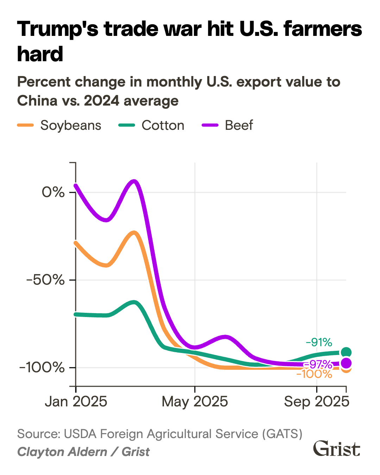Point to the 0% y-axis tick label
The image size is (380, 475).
[x=53, y=192]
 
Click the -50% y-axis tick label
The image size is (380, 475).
[x=46, y=280]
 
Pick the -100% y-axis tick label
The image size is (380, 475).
[x=42, y=368]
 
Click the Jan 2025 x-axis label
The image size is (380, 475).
[x=76, y=401]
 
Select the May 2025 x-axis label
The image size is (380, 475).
[x=195, y=401]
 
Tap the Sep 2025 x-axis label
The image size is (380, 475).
[x=317, y=401]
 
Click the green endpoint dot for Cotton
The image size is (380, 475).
[x=346, y=352]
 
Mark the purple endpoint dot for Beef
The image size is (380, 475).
[x=346, y=363]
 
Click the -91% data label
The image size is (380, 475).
[x=319, y=342]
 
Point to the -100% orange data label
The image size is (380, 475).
[x=314, y=374]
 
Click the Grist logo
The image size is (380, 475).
[x=337, y=449]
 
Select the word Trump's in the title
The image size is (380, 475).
[x=58, y=29]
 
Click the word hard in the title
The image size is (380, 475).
[x=40, y=54]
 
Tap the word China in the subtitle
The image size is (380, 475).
[x=37, y=101]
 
